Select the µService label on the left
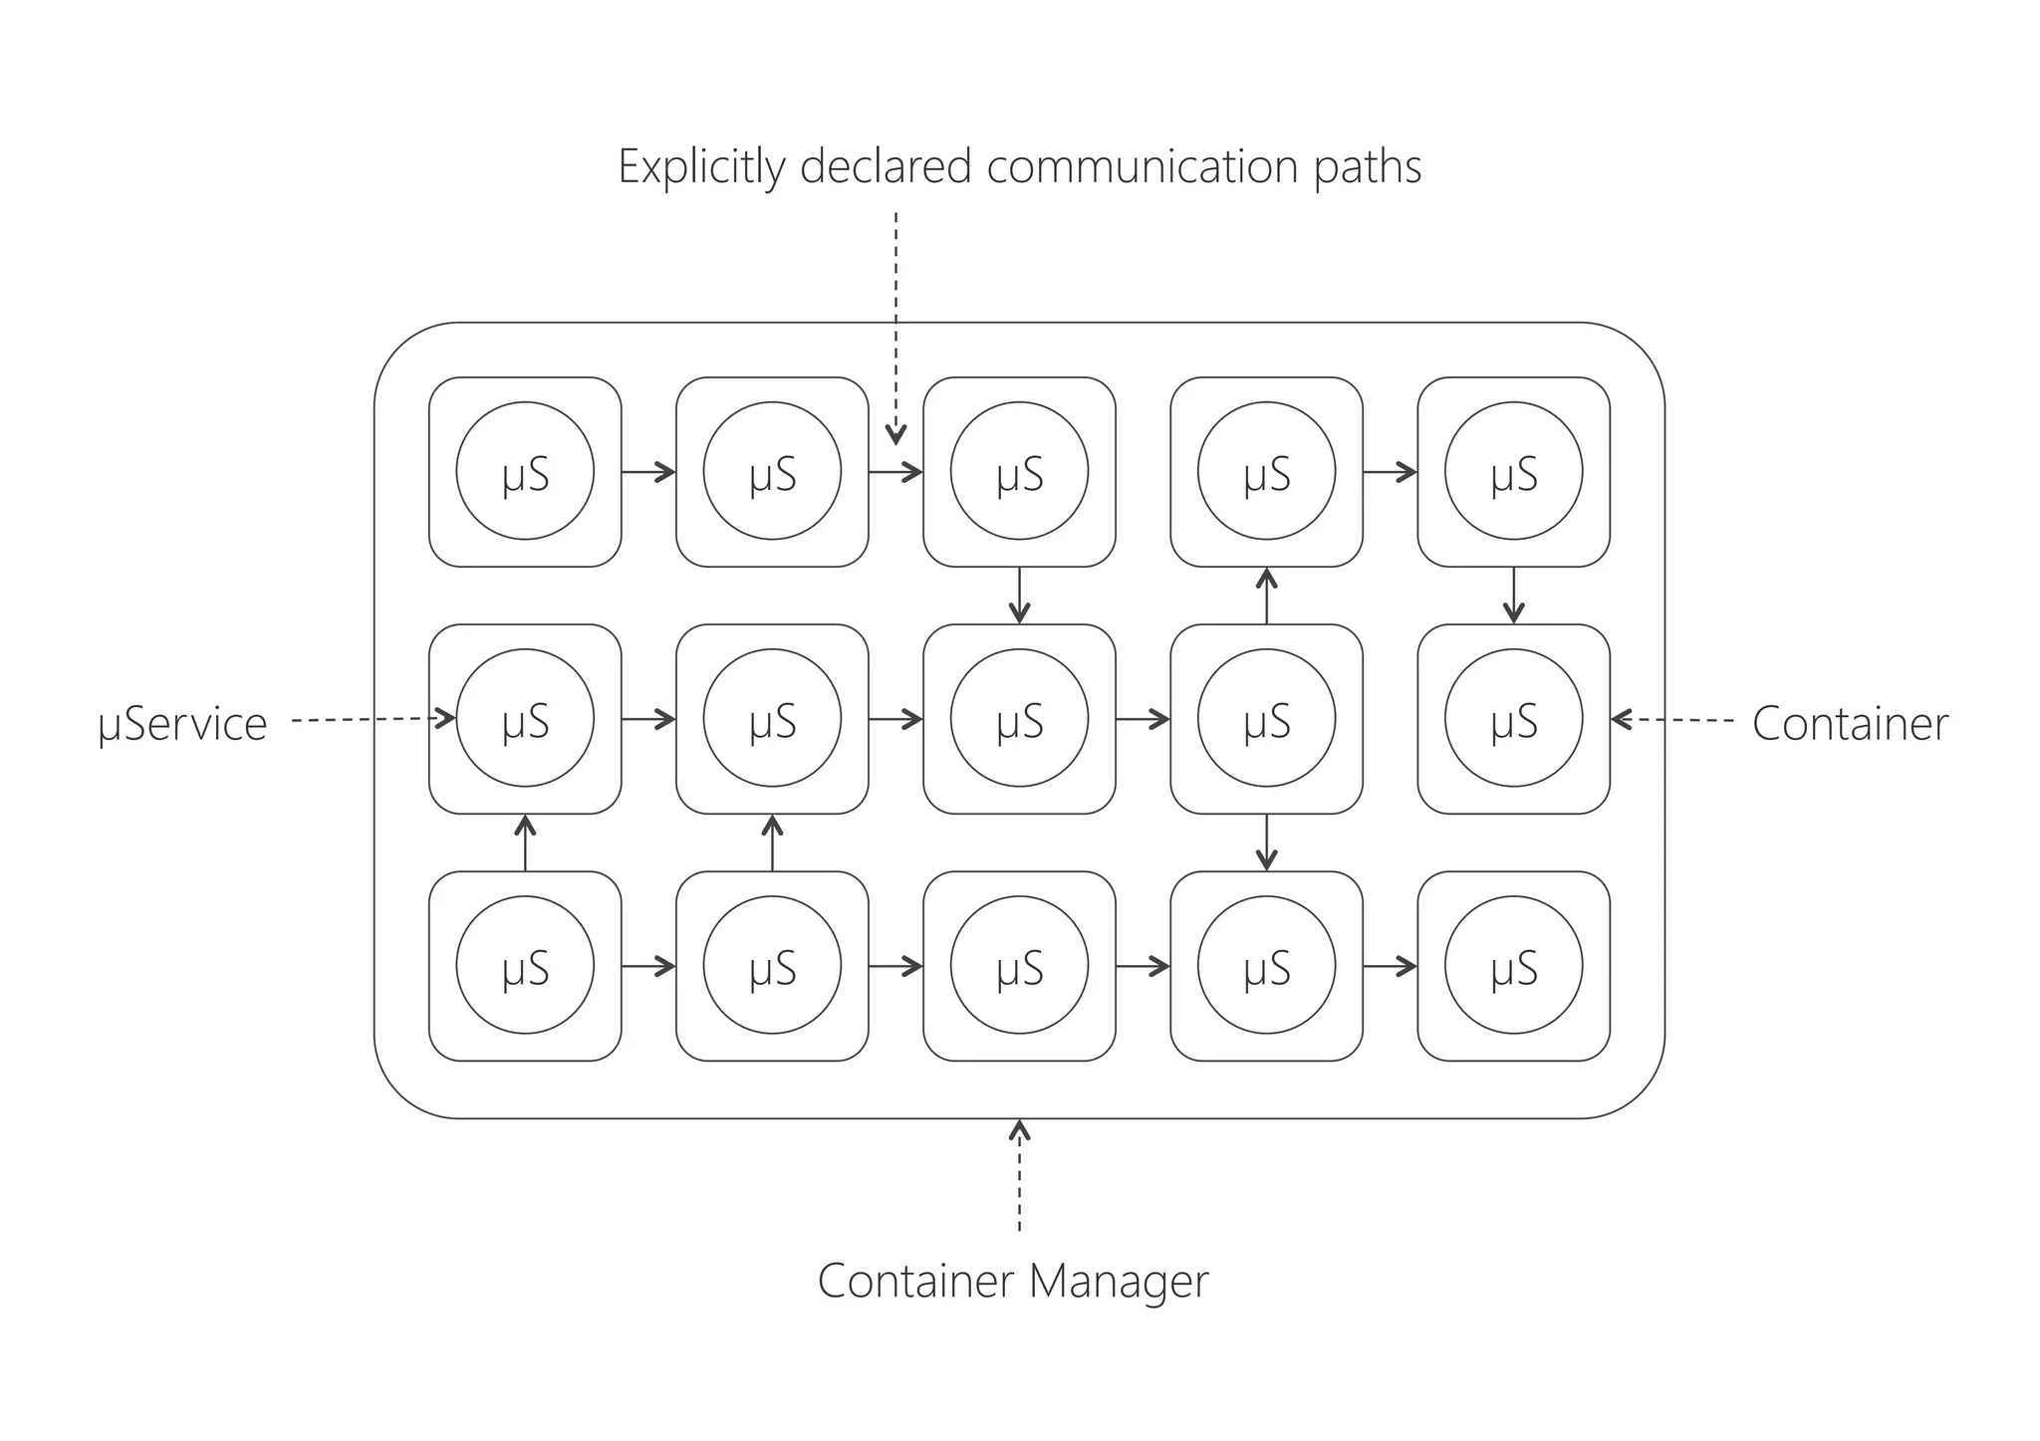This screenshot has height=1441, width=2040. tap(182, 724)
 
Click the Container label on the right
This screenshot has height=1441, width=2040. tap(1850, 724)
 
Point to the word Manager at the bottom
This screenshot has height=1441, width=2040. tap(1119, 1281)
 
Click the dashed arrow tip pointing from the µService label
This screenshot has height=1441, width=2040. tap(447, 718)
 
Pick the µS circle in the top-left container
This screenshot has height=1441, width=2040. tap(525, 471)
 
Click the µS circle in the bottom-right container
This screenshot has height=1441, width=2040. tap(1513, 965)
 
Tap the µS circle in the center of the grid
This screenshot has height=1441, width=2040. tap(1019, 718)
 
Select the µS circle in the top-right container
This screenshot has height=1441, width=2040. tap(1513, 471)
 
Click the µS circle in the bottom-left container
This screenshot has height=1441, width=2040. tap(525, 965)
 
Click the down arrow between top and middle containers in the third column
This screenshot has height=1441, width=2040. tap(1019, 597)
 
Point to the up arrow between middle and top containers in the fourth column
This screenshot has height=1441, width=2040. tap(1266, 595)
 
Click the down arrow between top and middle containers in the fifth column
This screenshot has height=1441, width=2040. tap(1513, 597)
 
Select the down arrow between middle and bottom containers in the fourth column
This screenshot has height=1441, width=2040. tap(1266, 843)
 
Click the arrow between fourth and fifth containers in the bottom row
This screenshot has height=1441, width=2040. tap(1391, 966)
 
